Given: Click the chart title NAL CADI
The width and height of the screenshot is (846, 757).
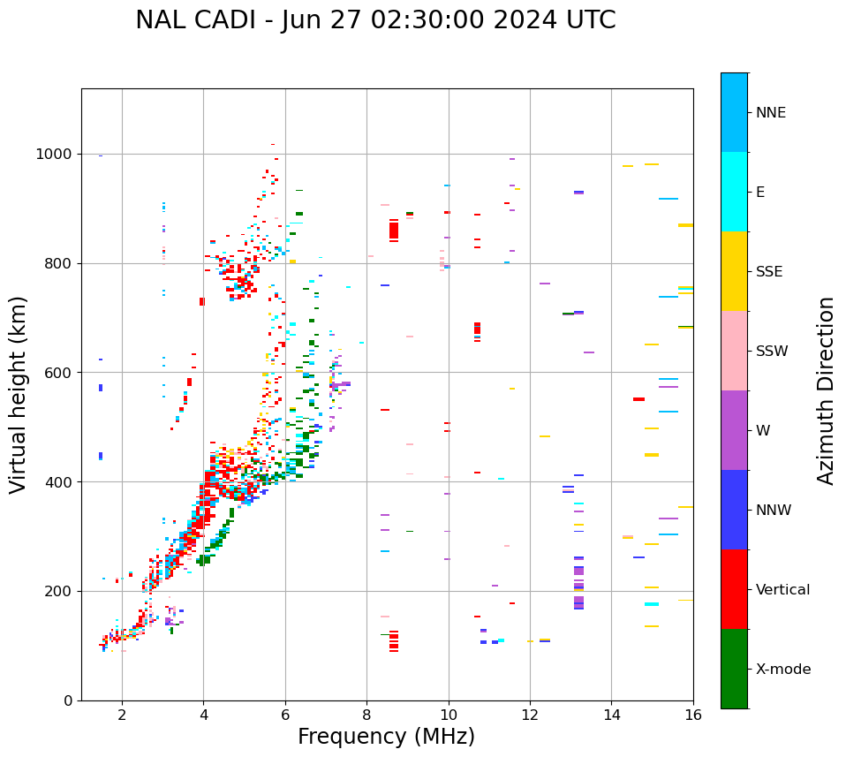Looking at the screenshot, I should [375, 20].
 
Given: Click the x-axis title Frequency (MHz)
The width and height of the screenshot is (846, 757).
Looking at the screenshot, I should [386, 737].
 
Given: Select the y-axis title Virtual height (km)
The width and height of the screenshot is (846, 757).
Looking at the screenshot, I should [19, 395].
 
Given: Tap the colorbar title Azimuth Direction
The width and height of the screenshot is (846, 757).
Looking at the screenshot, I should [826, 390].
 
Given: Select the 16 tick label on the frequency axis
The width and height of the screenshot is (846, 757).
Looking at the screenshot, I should [693, 715].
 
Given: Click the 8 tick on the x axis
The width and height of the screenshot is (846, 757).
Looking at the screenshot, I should [366, 715].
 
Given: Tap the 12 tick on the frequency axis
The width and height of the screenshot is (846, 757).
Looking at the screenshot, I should [530, 715].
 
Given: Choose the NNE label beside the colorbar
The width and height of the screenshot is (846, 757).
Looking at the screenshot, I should [770, 113].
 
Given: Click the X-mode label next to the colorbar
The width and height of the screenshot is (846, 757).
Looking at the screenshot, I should [782, 670].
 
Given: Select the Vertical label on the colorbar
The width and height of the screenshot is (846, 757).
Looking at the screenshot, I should [782, 590].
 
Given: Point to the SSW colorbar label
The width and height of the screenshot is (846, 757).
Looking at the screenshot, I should [772, 352].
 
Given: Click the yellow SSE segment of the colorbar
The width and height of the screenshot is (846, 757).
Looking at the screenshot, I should [734, 271].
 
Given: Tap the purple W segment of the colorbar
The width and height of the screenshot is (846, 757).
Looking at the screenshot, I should [734, 430].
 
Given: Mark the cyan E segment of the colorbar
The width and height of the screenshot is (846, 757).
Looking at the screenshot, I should [734, 192].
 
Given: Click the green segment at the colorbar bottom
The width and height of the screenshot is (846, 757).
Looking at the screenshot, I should [734, 669].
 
